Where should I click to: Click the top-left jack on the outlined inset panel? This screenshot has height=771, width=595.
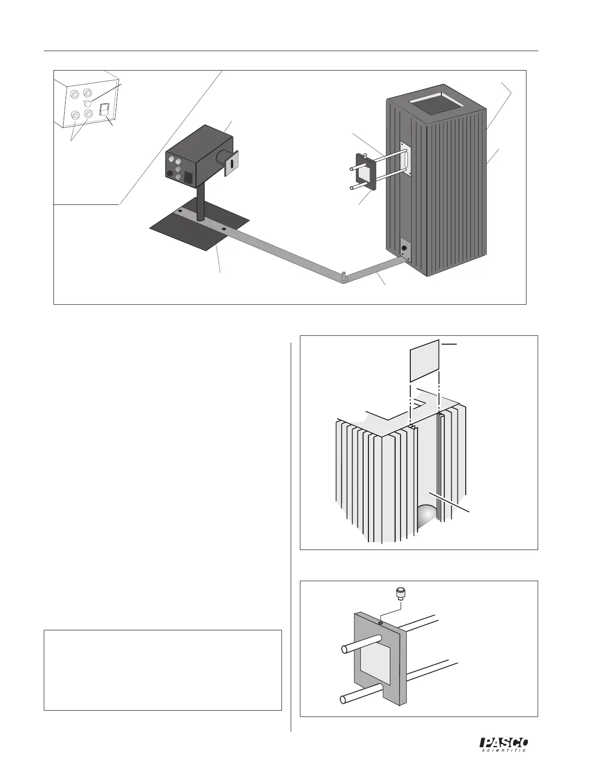coord(76,93)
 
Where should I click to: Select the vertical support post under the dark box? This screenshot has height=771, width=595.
coord(201,205)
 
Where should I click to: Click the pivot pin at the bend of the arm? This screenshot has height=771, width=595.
coord(343,276)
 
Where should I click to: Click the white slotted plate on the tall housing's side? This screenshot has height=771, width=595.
coord(405,158)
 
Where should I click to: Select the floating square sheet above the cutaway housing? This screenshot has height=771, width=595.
coord(425,361)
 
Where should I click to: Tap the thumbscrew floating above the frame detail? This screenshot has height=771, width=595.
coord(400,593)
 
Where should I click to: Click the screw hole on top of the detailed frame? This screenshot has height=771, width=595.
coord(381,623)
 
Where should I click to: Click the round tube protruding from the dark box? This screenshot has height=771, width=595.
coord(224,158)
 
